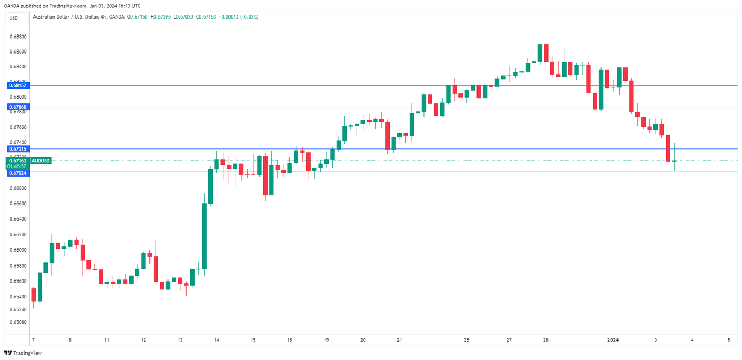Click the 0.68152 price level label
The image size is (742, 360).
click(x=17, y=85)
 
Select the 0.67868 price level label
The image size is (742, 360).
click(x=17, y=107)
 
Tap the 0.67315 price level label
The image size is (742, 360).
click(x=17, y=149)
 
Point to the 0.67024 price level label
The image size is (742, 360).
click(x=17, y=173)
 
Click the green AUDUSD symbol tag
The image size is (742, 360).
click(x=41, y=160)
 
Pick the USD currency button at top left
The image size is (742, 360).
click(x=13, y=18)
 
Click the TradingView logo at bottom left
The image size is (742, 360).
click(x=23, y=353)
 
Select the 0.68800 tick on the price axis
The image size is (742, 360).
click(x=18, y=37)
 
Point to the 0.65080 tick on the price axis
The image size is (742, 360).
click(x=18, y=322)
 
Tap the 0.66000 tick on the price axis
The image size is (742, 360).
click(x=18, y=250)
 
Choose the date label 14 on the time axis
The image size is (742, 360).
click(x=216, y=340)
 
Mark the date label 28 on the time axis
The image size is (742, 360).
click(x=545, y=340)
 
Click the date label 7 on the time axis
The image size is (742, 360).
click(x=33, y=340)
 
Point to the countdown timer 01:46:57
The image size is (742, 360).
click(x=18, y=166)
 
